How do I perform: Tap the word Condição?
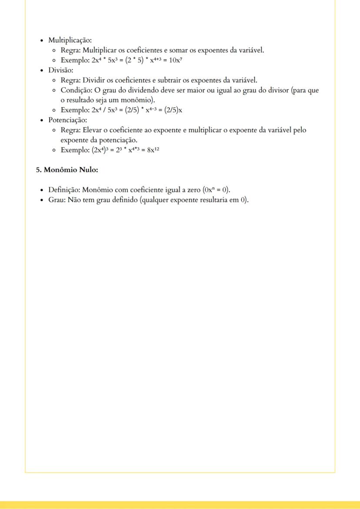coord(76,90)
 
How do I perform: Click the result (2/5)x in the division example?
coord(173,110)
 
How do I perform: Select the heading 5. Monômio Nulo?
coord(67,170)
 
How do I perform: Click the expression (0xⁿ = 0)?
coord(216,190)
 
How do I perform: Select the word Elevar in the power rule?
coord(92,130)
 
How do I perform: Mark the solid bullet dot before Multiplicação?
coord(41,40)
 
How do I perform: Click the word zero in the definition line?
coord(191,190)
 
